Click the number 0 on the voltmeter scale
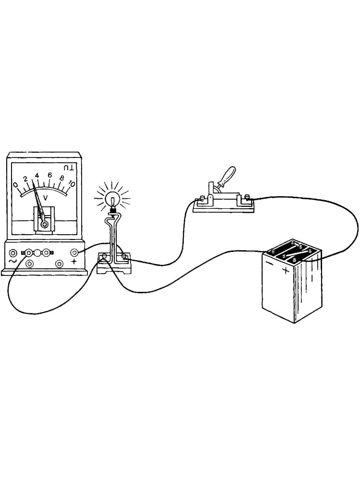pyautogui.click(x=15, y=184)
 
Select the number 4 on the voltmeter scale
pyautogui.click(x=37, y=176)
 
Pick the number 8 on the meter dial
pyautogui.click(x=62, y=178)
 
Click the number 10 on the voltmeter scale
pyautogui.click(x=72, y=184)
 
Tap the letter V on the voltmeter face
pyautogui.click(x=45, y=198)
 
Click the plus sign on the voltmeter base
pyautogui.click(x=74, y=262)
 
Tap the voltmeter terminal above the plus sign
pyautogui.click(x=74, y=253)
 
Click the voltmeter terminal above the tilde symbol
pyautogui.click(x=13, y=253)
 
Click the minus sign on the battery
pyautogui.click(x=270, y=263)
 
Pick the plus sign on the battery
pyautogui.click(x=285, y=270)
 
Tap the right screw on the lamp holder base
pyautogui.click(x=124, y=257)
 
